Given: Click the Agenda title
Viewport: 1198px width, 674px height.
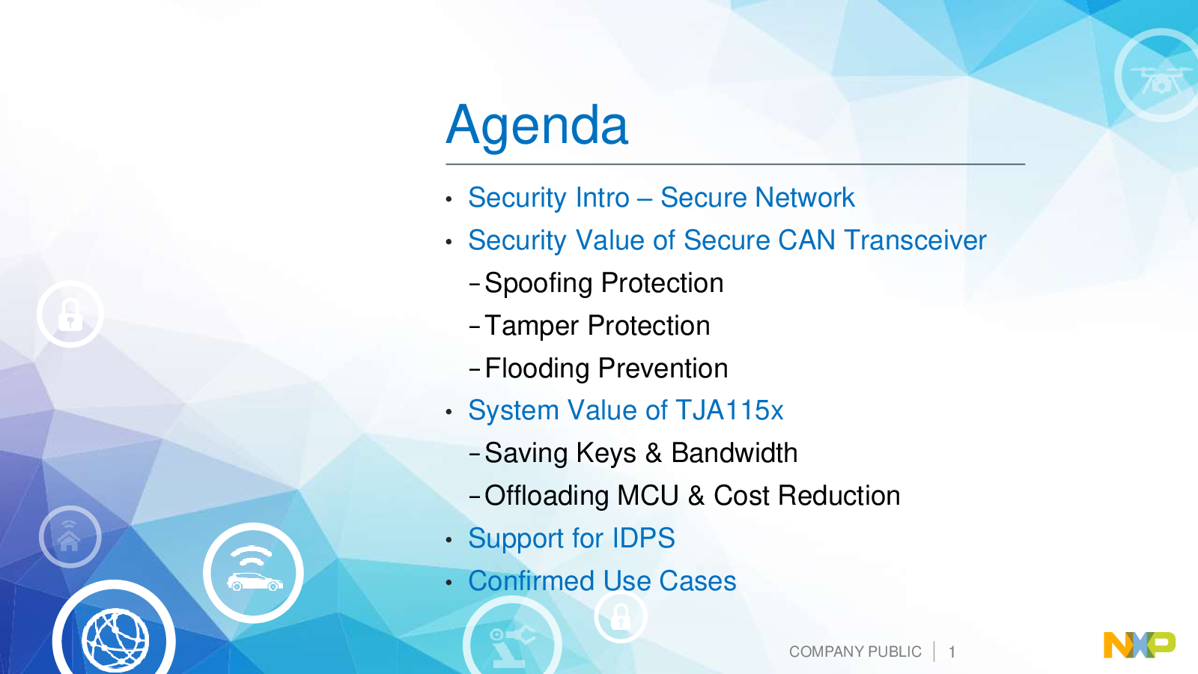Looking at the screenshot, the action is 537,125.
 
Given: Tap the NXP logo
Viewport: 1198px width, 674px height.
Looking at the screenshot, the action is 1139,645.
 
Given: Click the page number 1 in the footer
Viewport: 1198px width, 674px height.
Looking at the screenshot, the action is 952,652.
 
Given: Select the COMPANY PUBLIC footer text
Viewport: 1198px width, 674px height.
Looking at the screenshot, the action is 855,652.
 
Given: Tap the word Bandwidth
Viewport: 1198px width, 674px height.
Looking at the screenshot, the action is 735,453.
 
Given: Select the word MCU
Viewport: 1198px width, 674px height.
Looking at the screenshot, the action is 648,495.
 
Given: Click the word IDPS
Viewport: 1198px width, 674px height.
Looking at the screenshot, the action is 643,538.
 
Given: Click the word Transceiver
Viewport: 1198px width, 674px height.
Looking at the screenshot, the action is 916,240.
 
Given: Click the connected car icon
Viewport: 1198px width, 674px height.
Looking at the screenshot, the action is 254,573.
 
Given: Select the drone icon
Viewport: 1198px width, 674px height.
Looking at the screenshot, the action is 1160,79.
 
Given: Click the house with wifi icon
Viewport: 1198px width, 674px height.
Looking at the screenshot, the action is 70,536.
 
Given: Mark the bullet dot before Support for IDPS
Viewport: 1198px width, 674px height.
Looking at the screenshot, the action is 449,540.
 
